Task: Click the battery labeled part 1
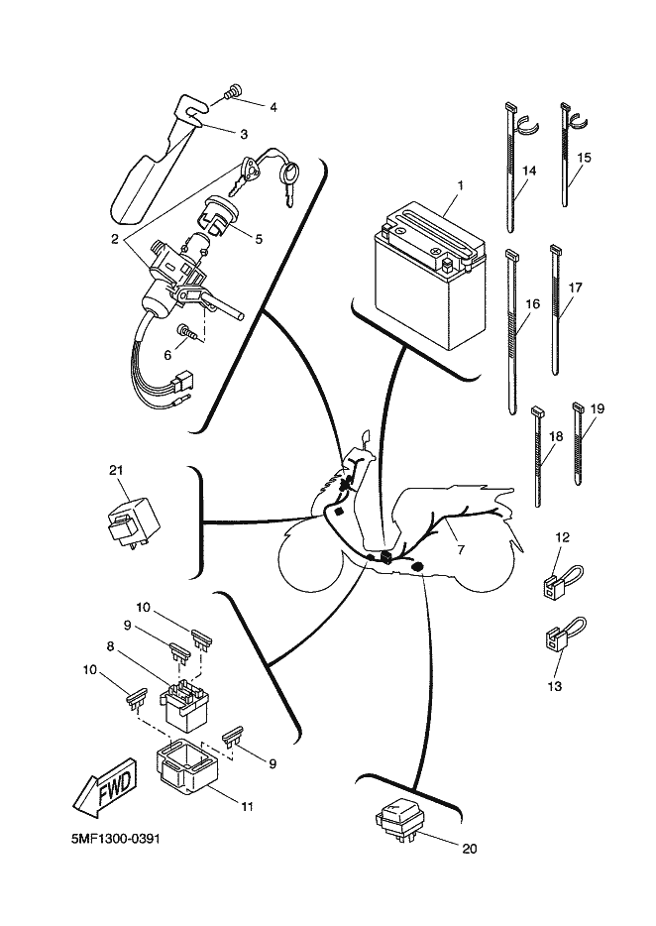[x=429, y=275]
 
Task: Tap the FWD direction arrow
[x=106, y=792]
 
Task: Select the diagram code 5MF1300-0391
[x=115, y=839]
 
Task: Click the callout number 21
[x=116, y=470]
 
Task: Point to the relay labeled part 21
[x=133, y=521]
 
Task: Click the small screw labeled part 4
[x=234, y=91]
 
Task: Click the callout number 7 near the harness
[x=460, y=550]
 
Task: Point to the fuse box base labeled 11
[x=186, y=767]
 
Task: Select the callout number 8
[x=110, y=646]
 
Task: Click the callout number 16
[x=532, y=304]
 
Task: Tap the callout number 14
[x=529, y=171]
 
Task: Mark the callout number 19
[x=597, y=408]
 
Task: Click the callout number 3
[x=244, y=135]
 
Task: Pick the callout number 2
[x=116, y=239]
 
